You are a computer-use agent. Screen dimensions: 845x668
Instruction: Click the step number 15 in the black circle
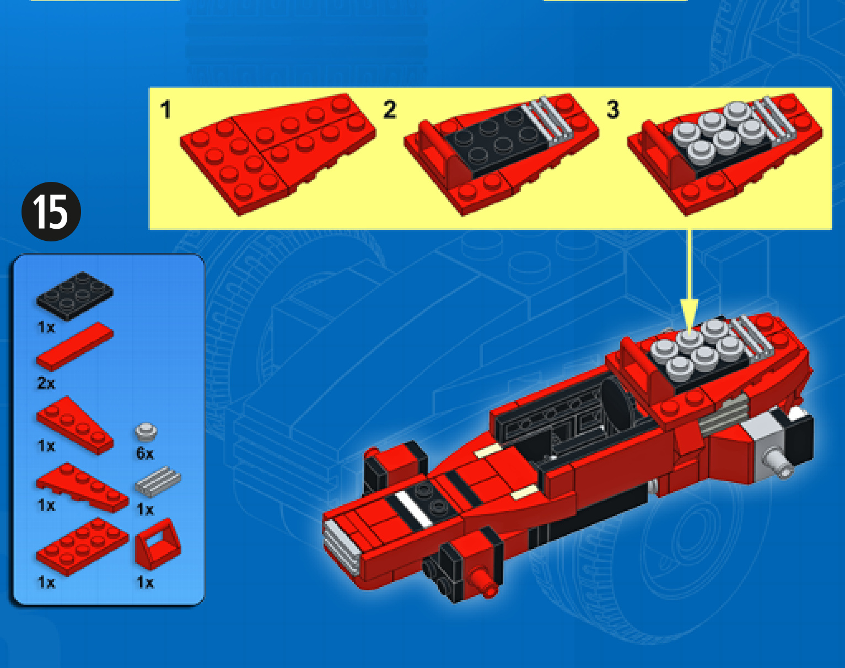click(51, 212)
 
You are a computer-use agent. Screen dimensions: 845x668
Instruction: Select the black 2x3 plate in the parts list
click(74, 296)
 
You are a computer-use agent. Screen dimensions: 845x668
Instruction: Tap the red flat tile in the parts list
click(74, 347)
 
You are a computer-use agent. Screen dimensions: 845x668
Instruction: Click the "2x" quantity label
click(46, 383)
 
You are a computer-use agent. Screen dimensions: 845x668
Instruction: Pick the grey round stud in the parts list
click(146, 432)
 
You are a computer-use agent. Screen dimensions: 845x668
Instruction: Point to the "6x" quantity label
click(145, 454)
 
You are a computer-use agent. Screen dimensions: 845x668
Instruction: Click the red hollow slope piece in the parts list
click(158, 544)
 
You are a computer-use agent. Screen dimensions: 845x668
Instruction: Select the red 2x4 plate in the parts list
click(82, 547)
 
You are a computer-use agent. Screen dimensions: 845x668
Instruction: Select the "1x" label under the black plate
click(46, 327)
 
